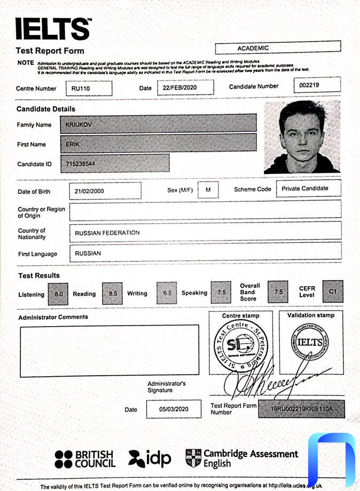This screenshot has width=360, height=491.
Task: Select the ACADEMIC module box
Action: (x=278, y=48)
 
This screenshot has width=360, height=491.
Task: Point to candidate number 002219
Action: (x=317, y=85)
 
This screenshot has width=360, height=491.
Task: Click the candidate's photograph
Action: (x=302, y=137)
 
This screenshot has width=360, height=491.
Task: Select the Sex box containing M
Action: (x=208, y=190)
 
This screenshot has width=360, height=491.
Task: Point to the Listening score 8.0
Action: (x=58, y=293)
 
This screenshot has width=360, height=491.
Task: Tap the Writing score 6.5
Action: (x=167, y=293)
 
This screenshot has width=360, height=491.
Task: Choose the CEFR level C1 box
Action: (x=333, y=291)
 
